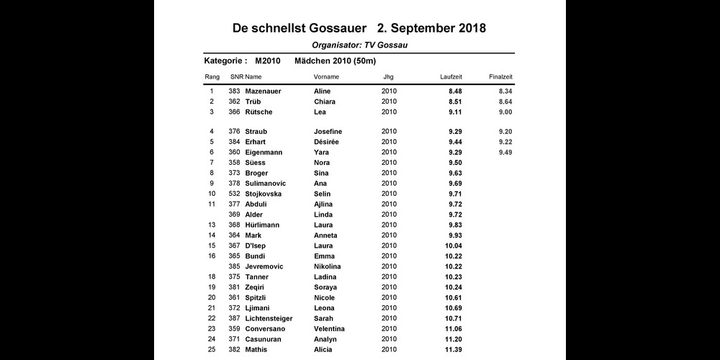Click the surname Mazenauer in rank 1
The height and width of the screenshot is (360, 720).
click(x=263, y=91)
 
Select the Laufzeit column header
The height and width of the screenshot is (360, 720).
click(x=451, y=76)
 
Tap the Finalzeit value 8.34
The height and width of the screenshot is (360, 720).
click(x=505, y=91)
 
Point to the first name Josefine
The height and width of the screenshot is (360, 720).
click(x=328, y=132)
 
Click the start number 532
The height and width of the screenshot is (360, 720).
click(x=234, y=194)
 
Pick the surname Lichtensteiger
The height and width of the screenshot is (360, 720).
click(x=269, y=318)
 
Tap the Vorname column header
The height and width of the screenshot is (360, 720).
click(x=326, y=76)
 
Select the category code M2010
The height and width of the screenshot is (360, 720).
click(x=268, y=60)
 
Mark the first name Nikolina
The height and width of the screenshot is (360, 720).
click(x=328, y=266)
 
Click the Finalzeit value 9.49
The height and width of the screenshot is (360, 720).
click(x=505, y=153)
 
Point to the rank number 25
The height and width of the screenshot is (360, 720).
click(x=212, y=349)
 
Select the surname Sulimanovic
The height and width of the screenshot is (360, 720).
click(x=266, y=184)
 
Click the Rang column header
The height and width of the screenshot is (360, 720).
click(x=212, y=76)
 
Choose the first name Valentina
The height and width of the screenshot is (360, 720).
click(x=329, y=328)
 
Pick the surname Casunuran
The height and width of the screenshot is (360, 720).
click(x=264, y=339)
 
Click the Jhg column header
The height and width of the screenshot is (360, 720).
click(x=388, y=76)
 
